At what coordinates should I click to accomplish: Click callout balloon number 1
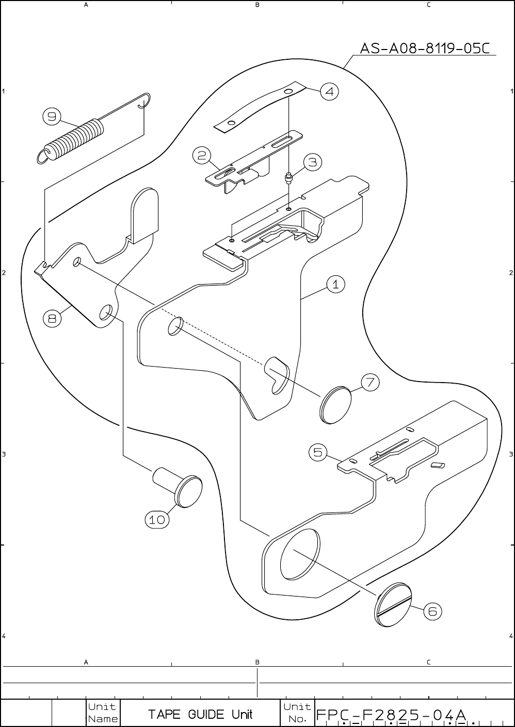335,284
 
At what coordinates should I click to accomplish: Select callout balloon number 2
202,155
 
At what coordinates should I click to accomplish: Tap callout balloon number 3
313,162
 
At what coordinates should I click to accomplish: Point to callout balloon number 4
329,92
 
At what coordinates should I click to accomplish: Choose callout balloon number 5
318,452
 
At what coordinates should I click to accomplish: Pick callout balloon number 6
432,612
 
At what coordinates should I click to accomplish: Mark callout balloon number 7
370,383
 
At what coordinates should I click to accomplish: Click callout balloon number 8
52,319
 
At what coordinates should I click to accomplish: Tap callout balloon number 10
157,520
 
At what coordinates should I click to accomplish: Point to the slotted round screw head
393,605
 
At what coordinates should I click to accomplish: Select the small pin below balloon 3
288,178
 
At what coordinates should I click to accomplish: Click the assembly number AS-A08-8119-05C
424,48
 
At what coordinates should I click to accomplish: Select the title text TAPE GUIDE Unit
201,714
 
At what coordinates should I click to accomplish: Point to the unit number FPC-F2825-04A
391,715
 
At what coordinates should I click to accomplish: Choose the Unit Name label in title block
103,713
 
